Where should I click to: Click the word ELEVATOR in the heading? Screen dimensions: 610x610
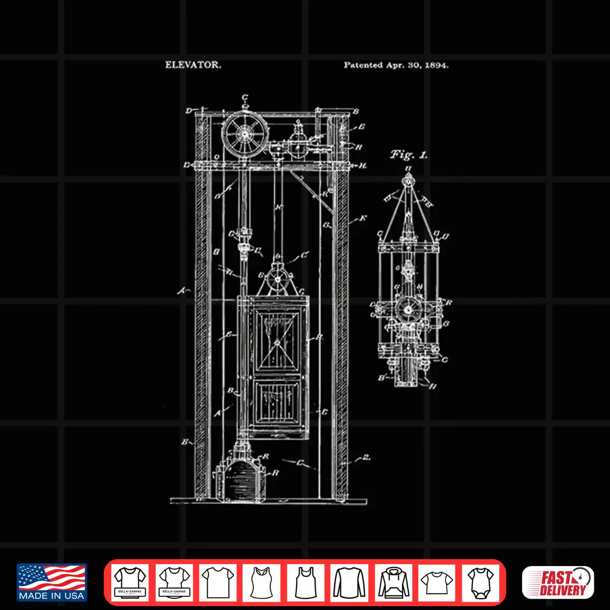tap(193, 64)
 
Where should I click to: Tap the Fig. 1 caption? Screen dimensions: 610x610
tap(408, 155)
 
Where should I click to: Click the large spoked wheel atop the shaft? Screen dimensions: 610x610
tap(245, 133)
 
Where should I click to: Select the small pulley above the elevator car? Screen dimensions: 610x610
tap(278, 280)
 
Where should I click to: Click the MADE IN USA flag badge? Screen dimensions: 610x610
tap(52, 582)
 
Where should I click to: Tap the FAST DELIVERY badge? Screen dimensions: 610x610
tap(558, 582)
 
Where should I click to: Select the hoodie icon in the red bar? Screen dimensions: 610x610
tap(393, 582)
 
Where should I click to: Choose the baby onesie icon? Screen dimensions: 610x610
tap(481, 582)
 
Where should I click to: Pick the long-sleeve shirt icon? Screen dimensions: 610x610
tap(349, 582)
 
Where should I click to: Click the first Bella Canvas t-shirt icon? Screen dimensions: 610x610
tap(130, 582)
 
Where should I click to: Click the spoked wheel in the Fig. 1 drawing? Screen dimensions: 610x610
tap(408, 308)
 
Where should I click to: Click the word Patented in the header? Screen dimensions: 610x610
tap(363, 65)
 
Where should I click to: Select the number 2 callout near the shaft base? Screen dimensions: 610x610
tap(366, 458)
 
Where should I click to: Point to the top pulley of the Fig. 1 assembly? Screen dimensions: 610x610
tap(407, 181)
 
